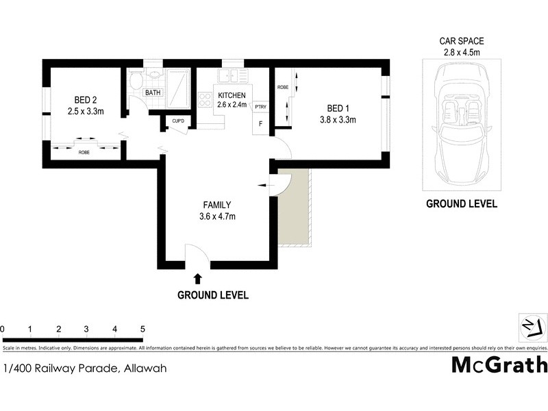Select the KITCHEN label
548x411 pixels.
[231, 95]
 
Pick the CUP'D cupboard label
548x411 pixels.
[178, 121]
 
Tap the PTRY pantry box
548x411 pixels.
[260, 107]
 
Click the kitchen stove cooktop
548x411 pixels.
[204, 100]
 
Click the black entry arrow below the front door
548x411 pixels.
[199, 278]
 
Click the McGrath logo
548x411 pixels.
[499, 364]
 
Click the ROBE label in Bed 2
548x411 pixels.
[84, 152]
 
